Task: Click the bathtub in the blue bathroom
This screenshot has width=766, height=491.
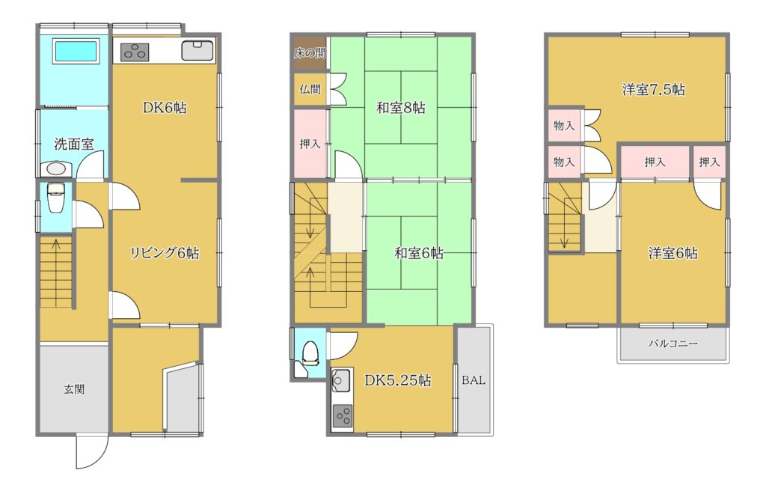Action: [77, 51]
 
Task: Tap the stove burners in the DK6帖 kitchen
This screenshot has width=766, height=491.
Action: [135, 52]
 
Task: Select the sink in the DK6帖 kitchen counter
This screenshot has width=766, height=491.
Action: [197, 50]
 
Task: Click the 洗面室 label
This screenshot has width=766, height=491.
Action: [74, 144]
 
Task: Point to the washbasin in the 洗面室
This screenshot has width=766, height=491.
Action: [55, 169]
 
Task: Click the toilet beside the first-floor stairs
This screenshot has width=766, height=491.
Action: [55, 198]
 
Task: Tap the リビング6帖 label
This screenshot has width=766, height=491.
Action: [165, 253]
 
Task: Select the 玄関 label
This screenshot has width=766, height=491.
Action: [74, 389]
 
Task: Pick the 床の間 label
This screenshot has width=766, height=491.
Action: [310, 53]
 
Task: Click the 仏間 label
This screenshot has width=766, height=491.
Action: [310, 89]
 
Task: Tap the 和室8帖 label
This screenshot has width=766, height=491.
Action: [401, 108]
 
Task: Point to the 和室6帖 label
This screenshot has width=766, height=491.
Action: [419, 253]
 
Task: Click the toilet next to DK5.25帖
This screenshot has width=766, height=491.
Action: [309, 353]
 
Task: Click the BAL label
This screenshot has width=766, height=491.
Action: [474, 380]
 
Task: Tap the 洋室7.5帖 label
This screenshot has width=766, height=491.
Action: [653, 90]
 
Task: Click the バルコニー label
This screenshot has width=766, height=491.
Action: [672, 344]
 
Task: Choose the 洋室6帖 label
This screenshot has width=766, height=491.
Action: [672, 253]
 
